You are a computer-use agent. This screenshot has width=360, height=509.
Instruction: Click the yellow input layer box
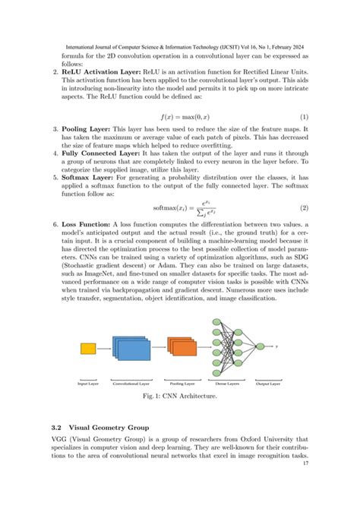coord(87,349)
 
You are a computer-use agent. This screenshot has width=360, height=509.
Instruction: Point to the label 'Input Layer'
coord(88,384)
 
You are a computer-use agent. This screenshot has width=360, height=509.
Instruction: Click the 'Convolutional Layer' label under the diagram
coord(131,384)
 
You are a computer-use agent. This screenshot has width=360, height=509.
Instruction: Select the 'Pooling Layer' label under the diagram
coord(182,384)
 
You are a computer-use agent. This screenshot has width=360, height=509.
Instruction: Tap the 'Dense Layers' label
coord(226,384)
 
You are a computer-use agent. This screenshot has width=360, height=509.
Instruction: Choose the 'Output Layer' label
coord(267,384)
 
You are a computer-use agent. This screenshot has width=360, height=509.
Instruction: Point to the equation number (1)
coord(302,118)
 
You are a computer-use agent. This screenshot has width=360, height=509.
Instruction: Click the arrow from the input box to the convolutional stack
coord(103,349)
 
